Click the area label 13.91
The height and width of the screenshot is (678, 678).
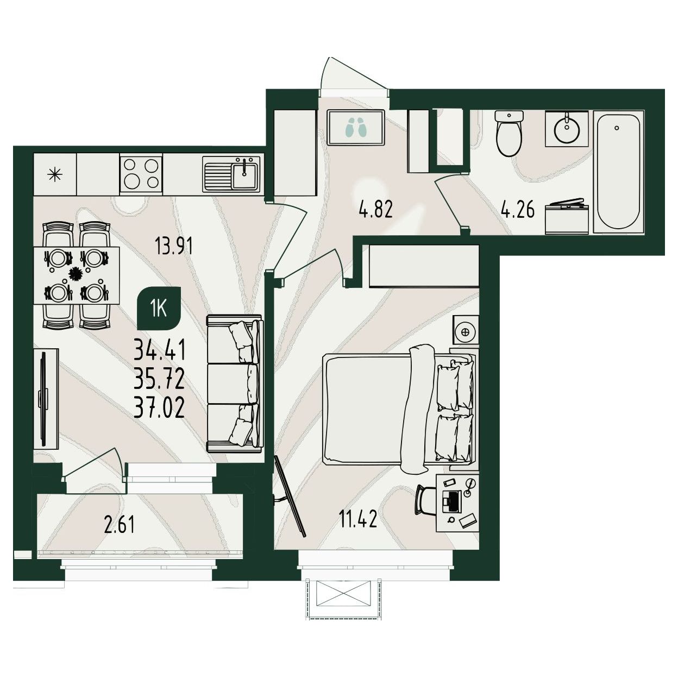point(174,246)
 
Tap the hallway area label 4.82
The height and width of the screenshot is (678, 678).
point(375,209)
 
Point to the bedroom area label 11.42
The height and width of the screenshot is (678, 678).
point(357,519)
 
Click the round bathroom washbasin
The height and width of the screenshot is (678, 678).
point(567,128)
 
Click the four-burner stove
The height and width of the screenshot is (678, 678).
point(141,174)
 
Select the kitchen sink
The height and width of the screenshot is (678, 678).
point(231,174)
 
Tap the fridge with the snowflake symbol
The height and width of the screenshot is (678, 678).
point(55,173)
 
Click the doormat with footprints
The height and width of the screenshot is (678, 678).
point(355,127)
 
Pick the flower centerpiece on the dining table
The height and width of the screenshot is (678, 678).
point(75,273)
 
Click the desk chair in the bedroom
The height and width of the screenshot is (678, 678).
point(425,500)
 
